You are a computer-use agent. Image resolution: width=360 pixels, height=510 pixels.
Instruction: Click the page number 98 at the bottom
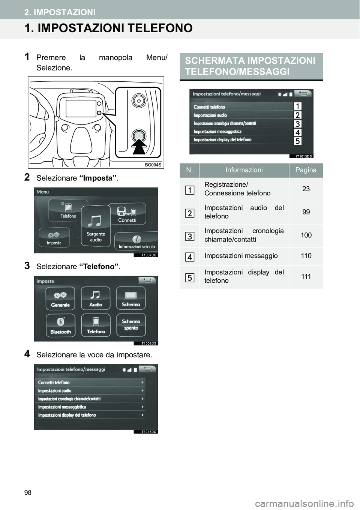pyautogui.click(x=28, y=492)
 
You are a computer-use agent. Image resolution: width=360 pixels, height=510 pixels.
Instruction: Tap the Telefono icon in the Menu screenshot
pyautogui.click(x=68, y=210)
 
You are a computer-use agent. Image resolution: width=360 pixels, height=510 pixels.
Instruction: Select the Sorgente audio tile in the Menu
pyautogui.click(x=96, y=227)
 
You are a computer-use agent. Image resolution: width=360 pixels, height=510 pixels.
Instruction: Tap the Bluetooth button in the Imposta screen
pyautogui.click(x=60, y=325)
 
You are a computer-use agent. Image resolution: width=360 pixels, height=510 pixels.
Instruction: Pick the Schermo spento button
pyautogui.click(x=131, y=325)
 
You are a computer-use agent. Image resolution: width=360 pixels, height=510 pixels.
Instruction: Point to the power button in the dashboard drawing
pyautogui.click(x=139, y=101)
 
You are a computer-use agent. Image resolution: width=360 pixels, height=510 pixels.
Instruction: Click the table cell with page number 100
pyautogui.click(x=306, y=235)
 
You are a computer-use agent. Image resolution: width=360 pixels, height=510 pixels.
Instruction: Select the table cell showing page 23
pyautogui.click(x=306, y=189)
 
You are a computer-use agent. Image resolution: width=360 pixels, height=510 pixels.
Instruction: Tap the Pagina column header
pyautogui.click(x=306, y=170)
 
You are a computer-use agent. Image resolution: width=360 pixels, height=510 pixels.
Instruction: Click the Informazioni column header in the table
pyautogui.click(x=244, y=170)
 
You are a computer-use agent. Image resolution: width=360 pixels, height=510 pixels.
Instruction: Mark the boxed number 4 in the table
pyautogui.click(x=190, y=257)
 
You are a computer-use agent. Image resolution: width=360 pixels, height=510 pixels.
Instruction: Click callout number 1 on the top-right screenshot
pyautogui.click(x=297, y=106)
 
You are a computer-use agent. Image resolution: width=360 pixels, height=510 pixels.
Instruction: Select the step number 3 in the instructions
pyautogui.click(x=27, y=266)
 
